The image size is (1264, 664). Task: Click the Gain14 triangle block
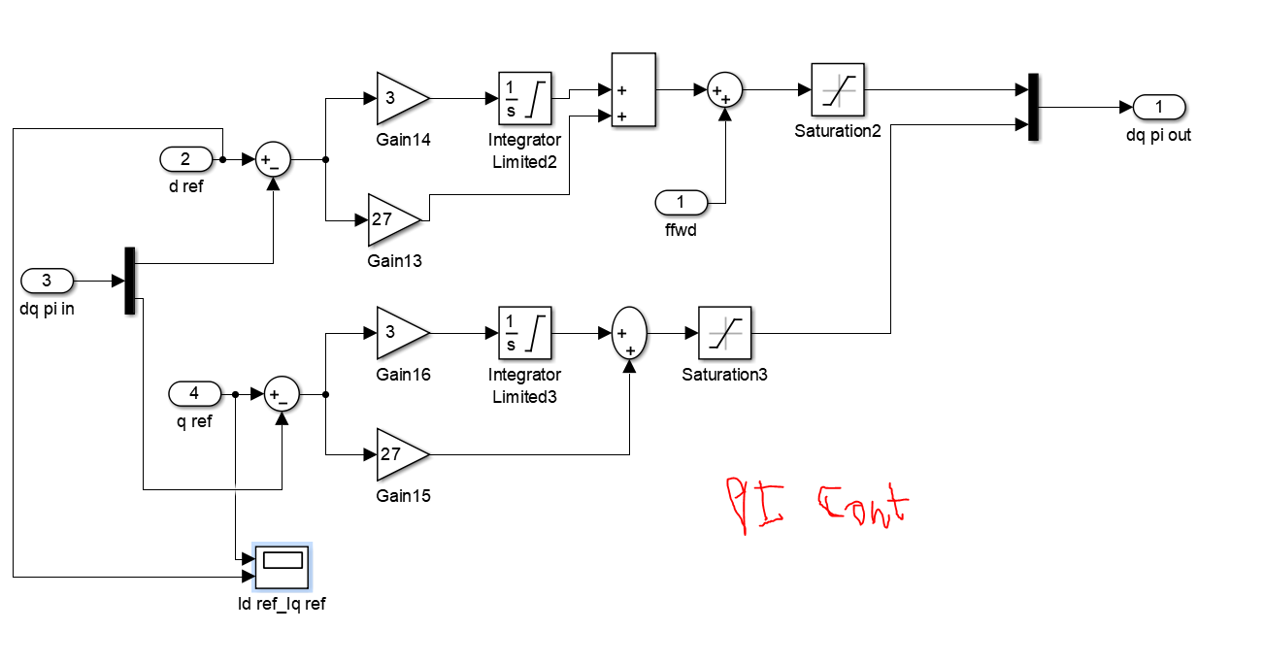pyautogui.click(x=400, y=98)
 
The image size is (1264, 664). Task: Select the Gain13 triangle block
pyautogui.click(x=393, y=219)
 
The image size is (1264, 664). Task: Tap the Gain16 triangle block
pyautogui.click(x=400, y=333)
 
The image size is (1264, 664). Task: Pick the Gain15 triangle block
pyautogui.click(x=400, y=454)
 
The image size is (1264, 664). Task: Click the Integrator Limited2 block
pyautogui.click(x=524, y=98)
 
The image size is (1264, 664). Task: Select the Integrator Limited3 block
pyautogui.click(x=524, y=333)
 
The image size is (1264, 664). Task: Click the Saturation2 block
pyautogui.click(x=837, y=90)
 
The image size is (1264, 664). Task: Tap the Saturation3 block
pyautogui.click(x=724, y=333)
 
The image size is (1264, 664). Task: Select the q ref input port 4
pyautogui.click(x=194, y=393)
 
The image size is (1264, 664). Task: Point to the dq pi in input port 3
pyautogui.click(x=47, y=282)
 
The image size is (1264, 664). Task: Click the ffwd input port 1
pyautogui.click(x=681, y=203)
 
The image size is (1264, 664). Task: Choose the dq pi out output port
pyautogui.click(x=1158, y=106)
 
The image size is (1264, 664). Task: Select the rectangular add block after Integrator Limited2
pyautogui.click(x=633, y=90)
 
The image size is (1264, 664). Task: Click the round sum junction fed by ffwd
pyautogui.click(x=723, y=90)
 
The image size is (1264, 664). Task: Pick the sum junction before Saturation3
pyautogui.click(x=629, y=333)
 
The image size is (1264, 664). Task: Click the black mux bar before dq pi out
pyautogui.click(x=1033, y=106)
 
